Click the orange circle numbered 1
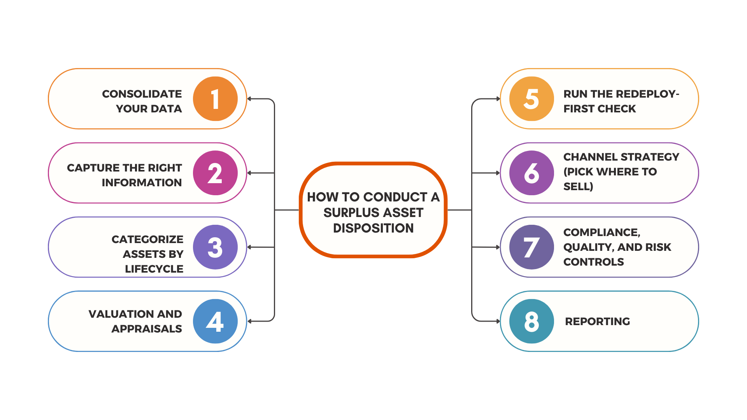[215, 99]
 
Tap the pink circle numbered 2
[215, 173]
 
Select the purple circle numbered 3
[215, 247]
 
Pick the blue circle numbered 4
[215, 321]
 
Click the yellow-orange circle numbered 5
[531, 99]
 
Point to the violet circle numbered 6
[531, 173]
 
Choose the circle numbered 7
[531, 247]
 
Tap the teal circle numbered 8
[531, 321]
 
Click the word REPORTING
[597, 322]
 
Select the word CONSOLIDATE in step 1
[142, 94]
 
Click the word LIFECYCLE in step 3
[154, 269]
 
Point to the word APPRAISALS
[147, 329]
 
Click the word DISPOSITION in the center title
[373, 228]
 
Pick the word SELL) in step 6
[578, 187]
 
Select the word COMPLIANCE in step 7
[601, 233]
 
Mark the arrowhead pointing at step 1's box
[249, 99]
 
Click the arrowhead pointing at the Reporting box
[498, 321]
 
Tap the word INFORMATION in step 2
[142, 183]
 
